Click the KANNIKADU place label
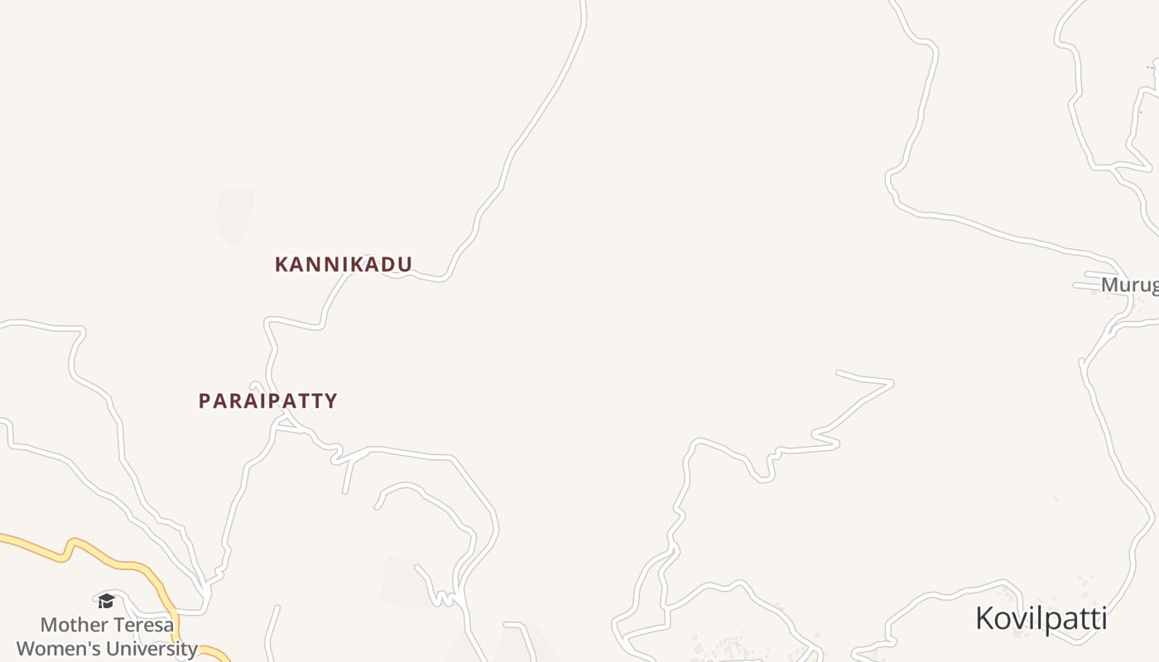click(x=344, y=265)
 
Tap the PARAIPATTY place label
click(x=267, y=401)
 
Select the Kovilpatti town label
click(x=1041, y=619)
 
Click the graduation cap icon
click(x=106, y=601)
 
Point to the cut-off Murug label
click(x=1129, y=285)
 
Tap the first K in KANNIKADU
click(x=281, y=265)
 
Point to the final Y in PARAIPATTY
click(x=331, y=401)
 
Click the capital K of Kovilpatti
click(x=984, y=619)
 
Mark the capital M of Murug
click(x=1109, y=285)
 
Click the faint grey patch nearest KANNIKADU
click(x=234, y=215)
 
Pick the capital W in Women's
click(x=26, y=649)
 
